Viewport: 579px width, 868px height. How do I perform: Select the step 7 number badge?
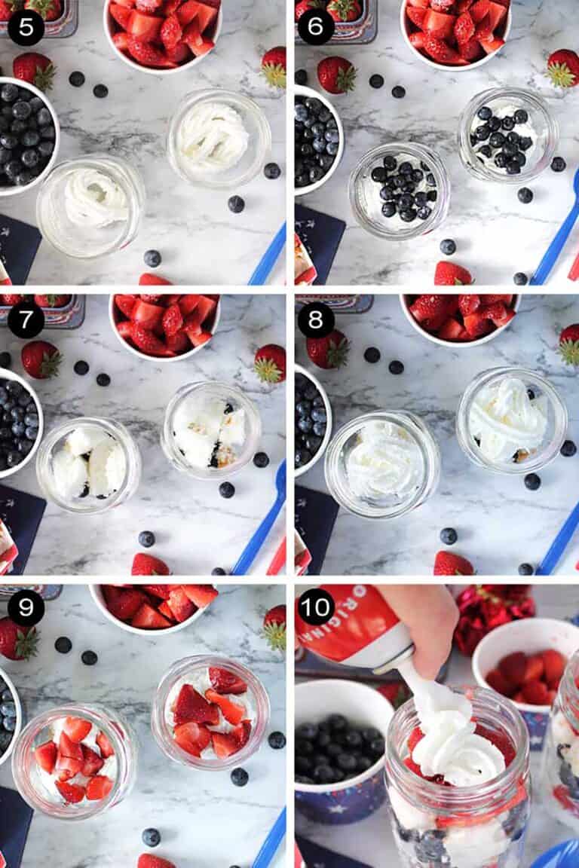tap(26, 319)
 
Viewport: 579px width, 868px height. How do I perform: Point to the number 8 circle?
tap(316, 319)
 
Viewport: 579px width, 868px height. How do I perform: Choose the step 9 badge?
tap(26, 607)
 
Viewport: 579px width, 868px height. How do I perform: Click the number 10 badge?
tap(316, 607)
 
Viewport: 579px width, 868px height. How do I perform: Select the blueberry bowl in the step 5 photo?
tap(23, 136)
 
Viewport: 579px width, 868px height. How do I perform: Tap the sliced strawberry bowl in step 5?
tap(162, 30)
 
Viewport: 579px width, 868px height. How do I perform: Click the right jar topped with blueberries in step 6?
tap(507, 136)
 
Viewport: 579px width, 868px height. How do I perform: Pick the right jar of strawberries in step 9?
tap(210, 712)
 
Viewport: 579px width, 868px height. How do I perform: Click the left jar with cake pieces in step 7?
tap(88, 464)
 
